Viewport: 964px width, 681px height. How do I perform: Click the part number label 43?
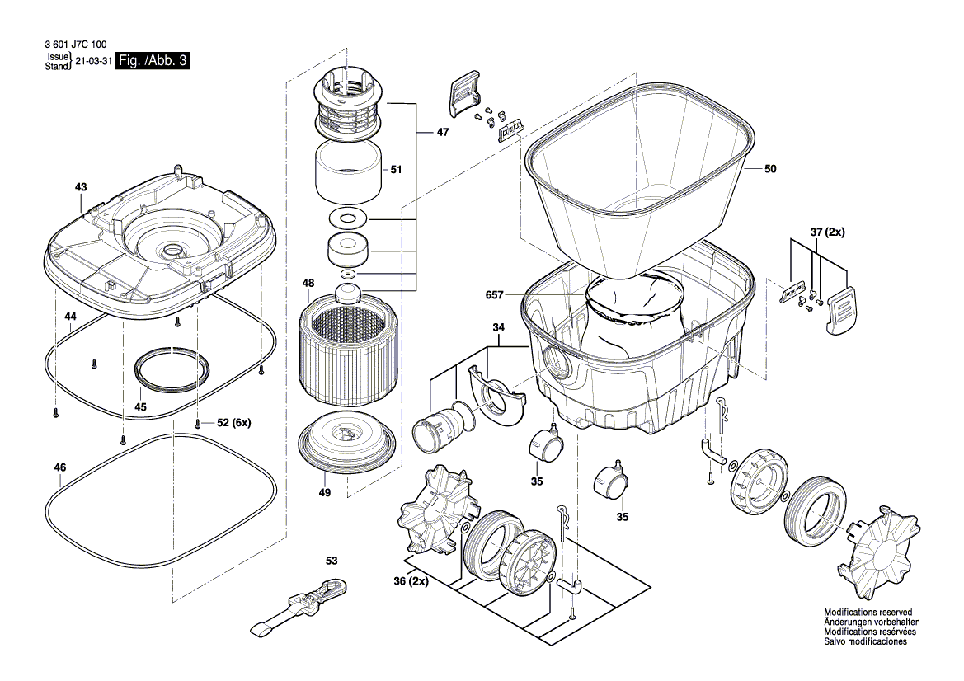tap(80, 187)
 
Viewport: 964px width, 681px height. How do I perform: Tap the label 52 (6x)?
tap(233, 423)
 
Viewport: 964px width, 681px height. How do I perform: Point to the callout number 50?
tap(770, 169)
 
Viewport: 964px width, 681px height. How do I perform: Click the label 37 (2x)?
tap(826, 233)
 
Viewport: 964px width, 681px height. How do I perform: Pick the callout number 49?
tap(325, 492)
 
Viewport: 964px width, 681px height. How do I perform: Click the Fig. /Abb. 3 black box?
tap(153, 61)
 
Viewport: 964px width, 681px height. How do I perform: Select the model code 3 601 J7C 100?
tap(72, 45)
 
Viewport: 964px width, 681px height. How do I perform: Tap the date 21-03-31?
tap(93, 61)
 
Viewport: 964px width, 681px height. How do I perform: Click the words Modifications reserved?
tap(868, 613)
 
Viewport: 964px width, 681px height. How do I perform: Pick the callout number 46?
tap(59, 467)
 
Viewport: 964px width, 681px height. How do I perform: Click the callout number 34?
tap(498, 328)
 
